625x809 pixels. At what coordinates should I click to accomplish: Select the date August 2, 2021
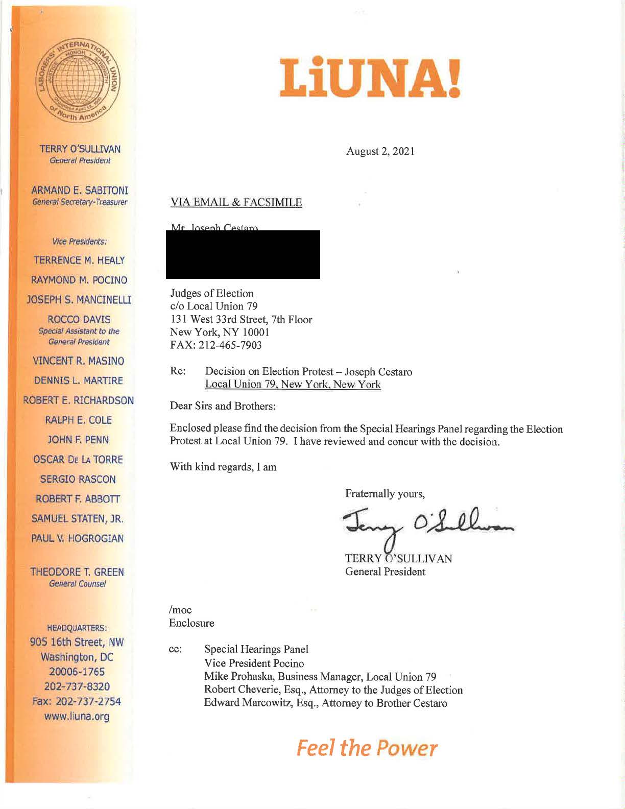(x=380, y=151)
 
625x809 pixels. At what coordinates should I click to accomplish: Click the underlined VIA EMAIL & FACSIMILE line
(x=236, y=202)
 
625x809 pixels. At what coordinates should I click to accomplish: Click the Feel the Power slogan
(x=367, y=748)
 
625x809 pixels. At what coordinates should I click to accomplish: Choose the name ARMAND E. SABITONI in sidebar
(x=80, y=191)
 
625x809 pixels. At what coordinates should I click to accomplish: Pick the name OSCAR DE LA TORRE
(x=78, y=460)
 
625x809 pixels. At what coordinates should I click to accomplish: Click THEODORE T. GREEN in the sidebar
(x=77, y=572)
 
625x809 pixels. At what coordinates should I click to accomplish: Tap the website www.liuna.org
(x=77, y=716)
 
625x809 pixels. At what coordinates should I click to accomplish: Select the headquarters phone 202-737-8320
(x=77, y=686)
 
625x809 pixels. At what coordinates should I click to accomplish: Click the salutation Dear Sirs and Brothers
(x=223, y=406)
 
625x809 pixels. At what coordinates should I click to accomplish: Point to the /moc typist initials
(x=180, y=610)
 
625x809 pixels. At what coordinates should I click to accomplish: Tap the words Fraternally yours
(x=385, y=494)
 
